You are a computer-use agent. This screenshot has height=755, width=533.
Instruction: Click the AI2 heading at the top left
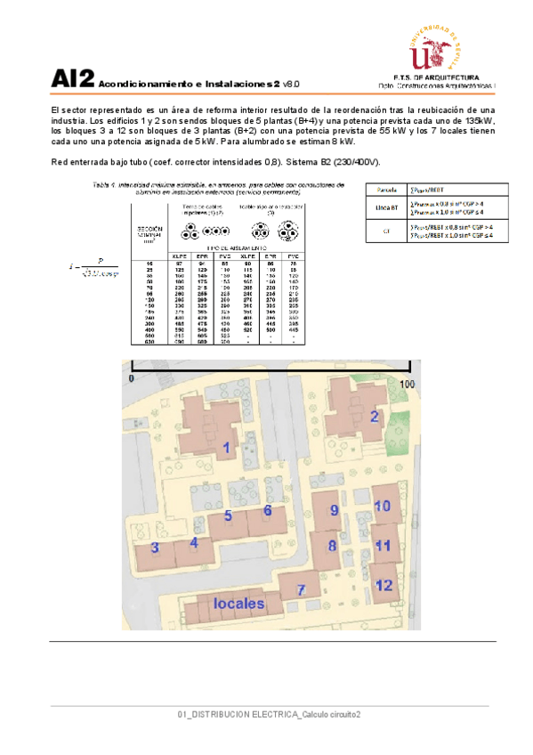[x=72, y=79]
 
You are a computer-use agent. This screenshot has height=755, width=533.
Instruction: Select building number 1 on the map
[x=227, y=448]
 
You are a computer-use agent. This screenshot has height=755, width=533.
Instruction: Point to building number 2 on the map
[x=375, y=416]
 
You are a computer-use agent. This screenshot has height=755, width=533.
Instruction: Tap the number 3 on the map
[x=155, y=548]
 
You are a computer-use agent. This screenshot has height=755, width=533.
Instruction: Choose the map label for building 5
[x=228, y=516]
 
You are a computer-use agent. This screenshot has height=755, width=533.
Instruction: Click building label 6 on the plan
[x=267, y=510]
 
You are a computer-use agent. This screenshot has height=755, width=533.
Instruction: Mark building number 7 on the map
[x=302, y=589]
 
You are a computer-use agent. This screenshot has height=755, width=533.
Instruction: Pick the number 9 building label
[x=334, y=510]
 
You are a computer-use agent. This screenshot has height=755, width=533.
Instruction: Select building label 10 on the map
[x=382, y=506]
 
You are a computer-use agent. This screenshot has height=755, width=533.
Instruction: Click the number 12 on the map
[x=384, y=585]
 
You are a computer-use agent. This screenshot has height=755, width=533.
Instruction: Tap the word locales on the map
[x=239, y=603]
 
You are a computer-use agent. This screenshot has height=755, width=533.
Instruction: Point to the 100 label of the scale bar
[x=408, y=383]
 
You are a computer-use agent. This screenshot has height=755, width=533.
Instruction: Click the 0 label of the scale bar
[x=130, y=378]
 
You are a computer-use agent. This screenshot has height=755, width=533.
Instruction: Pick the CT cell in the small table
[x=386, y=231]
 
